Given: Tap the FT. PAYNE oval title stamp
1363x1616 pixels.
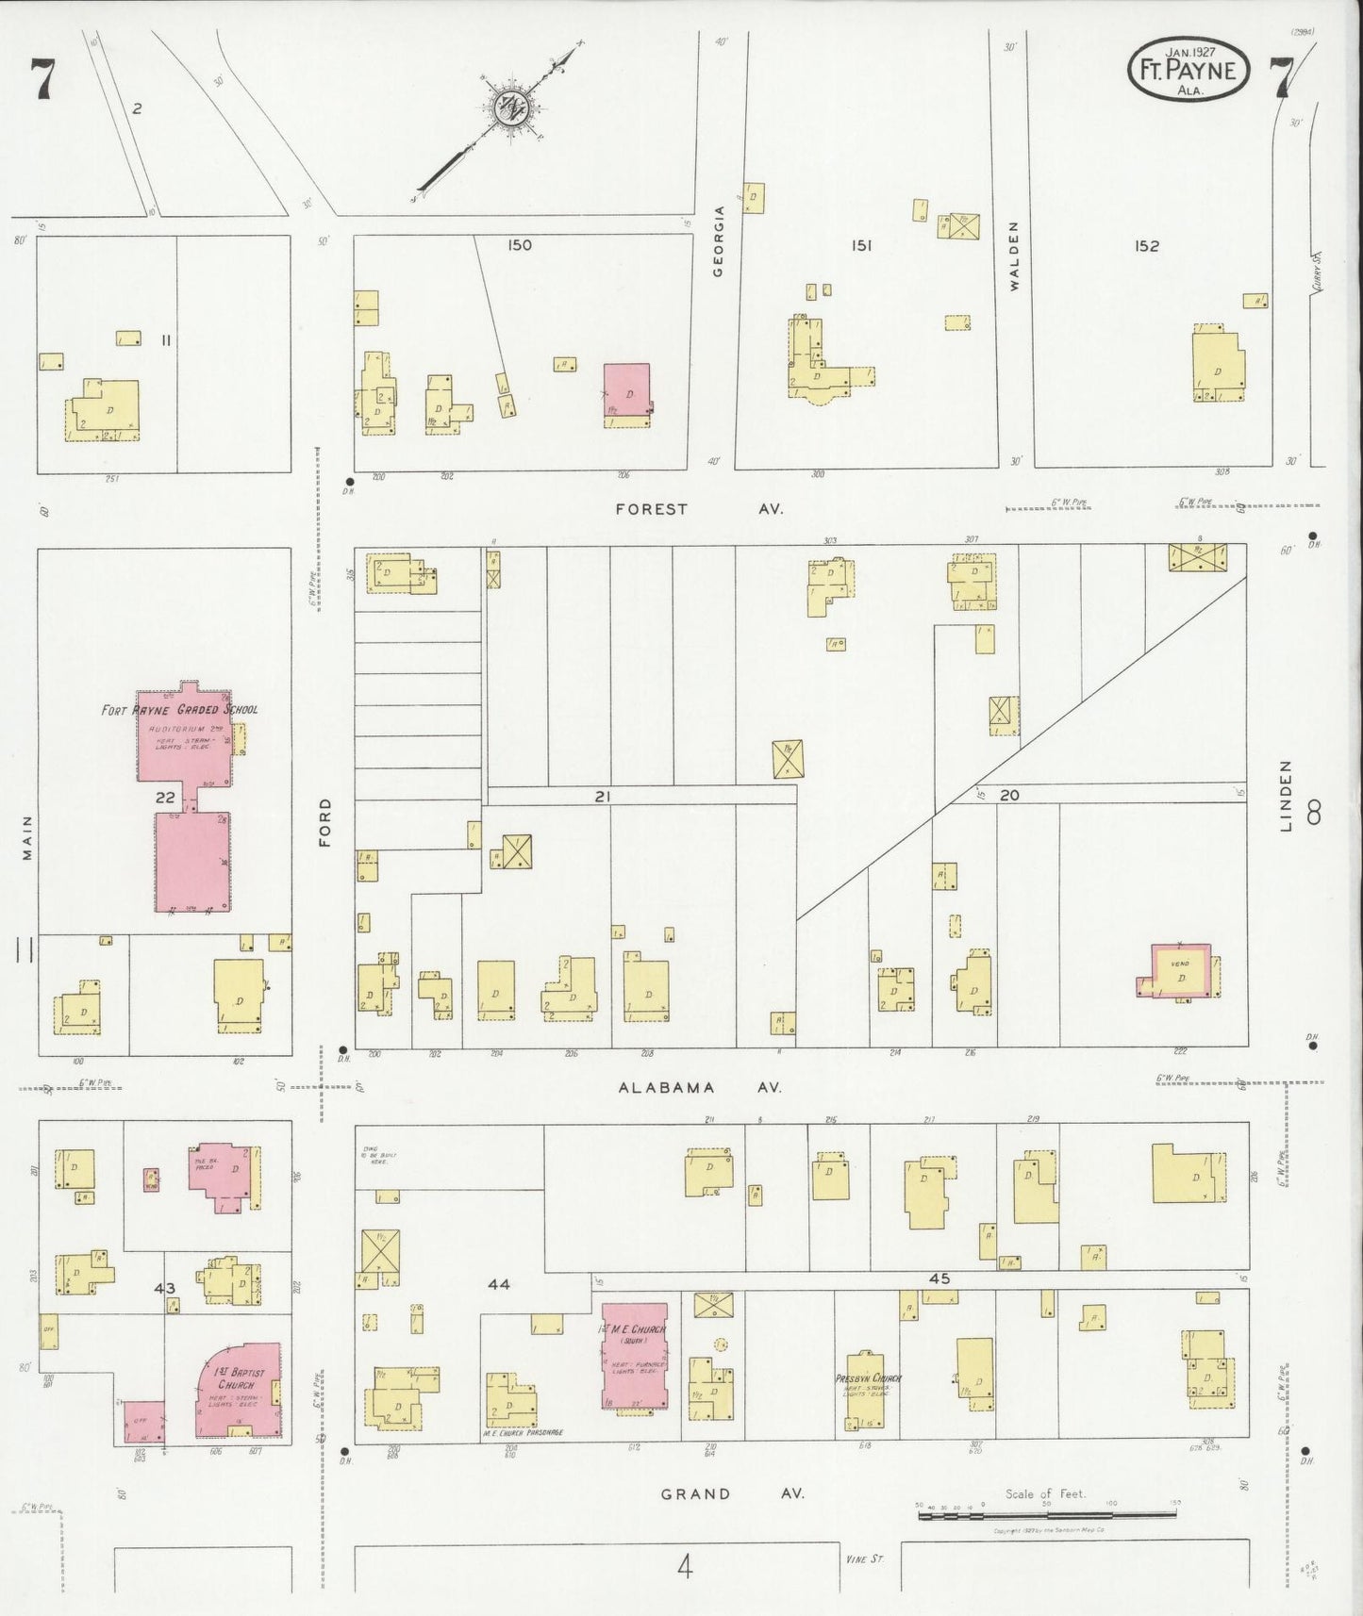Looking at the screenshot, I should [1188, 73].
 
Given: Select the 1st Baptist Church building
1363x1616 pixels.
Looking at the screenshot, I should [238, 1390].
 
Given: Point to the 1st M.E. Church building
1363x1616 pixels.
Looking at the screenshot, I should [634, 1357].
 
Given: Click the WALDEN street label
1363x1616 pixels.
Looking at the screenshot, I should [1015, 256].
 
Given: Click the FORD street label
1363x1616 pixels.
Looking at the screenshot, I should [325, 822].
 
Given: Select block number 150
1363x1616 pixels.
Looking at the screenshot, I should [519, 245].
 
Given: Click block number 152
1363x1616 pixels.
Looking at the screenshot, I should [1146, 246].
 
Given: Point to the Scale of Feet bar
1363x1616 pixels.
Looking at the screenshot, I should [1046, 1514].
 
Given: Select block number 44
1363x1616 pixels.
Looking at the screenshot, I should [498, 1284].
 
